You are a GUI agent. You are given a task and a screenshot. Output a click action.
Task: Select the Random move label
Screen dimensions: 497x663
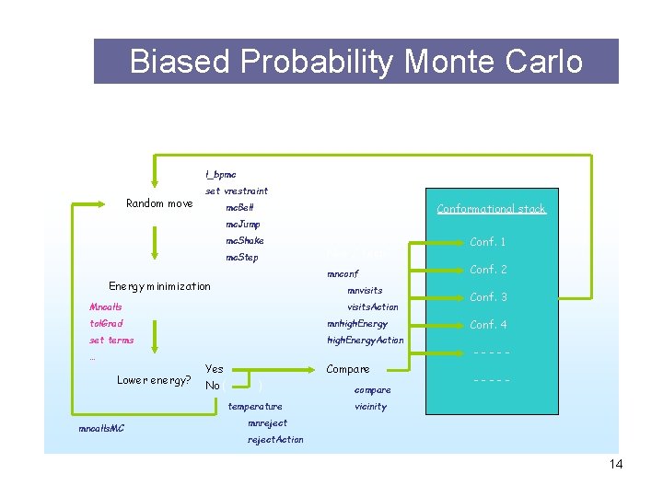159,203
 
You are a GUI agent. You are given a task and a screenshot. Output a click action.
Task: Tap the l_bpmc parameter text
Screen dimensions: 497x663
220,174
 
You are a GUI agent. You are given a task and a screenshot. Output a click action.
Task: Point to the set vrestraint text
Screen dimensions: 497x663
237,191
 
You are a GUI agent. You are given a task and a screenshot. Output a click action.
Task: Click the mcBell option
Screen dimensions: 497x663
240,207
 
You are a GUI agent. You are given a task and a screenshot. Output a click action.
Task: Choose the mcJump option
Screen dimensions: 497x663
243,224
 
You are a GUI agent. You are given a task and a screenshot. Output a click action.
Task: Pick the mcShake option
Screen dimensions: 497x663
245,240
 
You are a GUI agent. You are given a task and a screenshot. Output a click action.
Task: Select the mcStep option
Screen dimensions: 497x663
242,257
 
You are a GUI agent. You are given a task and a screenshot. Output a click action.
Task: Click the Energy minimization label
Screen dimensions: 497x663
159,286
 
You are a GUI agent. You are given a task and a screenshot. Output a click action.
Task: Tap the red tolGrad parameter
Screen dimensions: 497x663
106,323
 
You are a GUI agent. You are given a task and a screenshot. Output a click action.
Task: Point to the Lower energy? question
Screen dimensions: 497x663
154,380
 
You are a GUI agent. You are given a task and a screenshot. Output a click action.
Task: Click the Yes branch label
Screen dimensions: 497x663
214,368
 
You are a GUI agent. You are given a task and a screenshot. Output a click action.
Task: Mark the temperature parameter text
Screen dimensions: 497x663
255,406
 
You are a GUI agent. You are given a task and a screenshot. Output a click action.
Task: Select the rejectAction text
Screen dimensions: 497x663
275,439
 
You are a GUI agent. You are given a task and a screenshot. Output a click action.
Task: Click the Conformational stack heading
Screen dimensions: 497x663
491,209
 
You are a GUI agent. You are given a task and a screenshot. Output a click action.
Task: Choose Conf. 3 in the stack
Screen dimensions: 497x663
488,297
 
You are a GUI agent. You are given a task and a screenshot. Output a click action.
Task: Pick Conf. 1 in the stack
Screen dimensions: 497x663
488,242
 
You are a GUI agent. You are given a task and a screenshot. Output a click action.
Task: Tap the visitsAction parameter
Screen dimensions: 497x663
372,306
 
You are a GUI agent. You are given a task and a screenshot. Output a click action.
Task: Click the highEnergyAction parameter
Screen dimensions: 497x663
366,340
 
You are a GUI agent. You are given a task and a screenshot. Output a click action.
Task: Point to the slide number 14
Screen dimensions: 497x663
615,464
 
